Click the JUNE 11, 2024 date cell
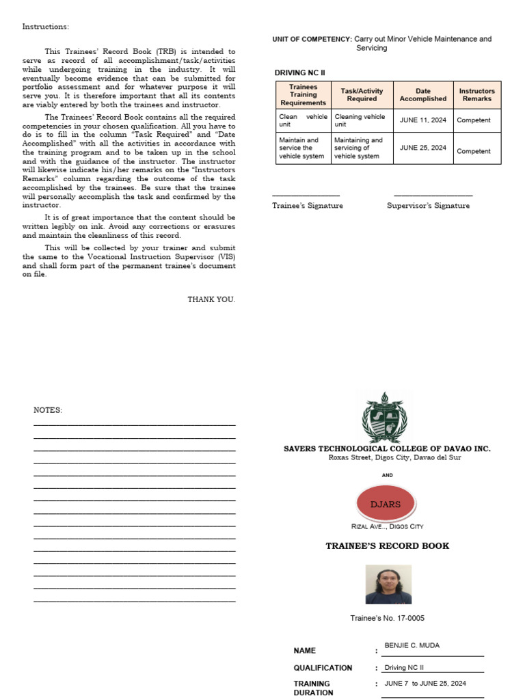[422, 120]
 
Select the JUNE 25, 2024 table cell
[422, 148]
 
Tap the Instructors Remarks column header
[476, 94]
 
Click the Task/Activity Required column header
[362, 94]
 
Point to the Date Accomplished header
[422, 94]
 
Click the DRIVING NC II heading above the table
[300, 72]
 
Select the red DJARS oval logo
[387, 504]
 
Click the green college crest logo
[387, 416]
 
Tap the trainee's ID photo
[388, 584]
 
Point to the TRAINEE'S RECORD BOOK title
[388, 546]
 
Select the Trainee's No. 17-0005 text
[387, 619]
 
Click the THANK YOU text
[211, 299]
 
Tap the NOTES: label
[48, 410]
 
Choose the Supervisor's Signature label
[428, 206]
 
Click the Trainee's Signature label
[308, 206]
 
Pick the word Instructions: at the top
[45, 27]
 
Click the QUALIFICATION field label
[323, 668]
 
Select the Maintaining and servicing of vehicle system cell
[360, 148]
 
